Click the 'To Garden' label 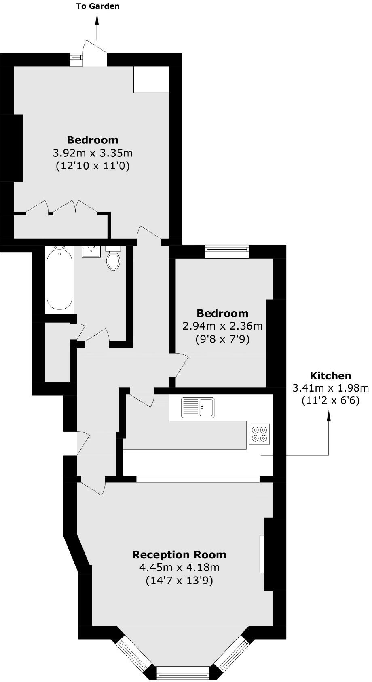[97, 6]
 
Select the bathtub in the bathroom [60, 280]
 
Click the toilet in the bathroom [113, 259]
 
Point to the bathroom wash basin [91, 252]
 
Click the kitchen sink [198, 407]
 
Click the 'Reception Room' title [180, 554]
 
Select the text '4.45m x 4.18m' [180, 568]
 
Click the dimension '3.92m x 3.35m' [93, 153]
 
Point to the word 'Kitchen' [330, 376]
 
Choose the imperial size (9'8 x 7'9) [222, 339]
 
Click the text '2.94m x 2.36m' [222, 326]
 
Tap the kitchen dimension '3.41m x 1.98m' [330, 388]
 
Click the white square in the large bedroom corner [151, 79]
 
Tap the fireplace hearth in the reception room [262, 554]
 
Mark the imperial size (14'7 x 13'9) [180, 581]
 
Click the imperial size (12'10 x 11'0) [93, 166]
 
